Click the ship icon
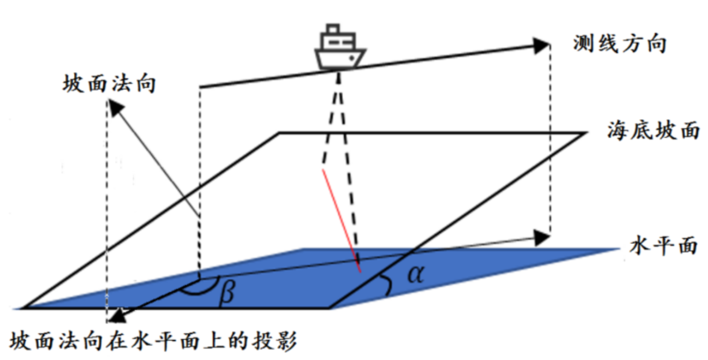tap(340, 47)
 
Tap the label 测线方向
tap(620, 44)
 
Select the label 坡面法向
tap(109, 84)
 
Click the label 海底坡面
tap(653, 130)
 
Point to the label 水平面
tap(663, 246)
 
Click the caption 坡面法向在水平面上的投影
tap(153, 341)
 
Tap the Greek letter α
tap(416, 274)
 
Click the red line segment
tap(341, 220)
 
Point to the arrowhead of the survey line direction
tap(541, 46)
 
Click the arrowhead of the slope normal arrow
tap(115, 108)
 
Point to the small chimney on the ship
tap(333, 28)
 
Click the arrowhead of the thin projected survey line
tap(542, 238)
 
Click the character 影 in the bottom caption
tap(286, 341)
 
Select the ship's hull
tap(340, 59)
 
